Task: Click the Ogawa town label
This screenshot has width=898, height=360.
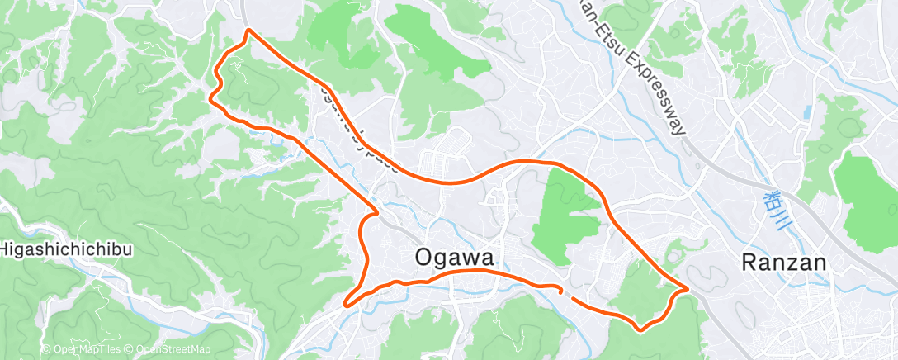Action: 454,258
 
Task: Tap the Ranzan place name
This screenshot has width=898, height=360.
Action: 783,263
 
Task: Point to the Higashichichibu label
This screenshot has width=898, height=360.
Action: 66,249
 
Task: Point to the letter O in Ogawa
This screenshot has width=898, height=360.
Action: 424,258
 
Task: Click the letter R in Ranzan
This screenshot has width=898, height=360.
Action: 749,263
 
